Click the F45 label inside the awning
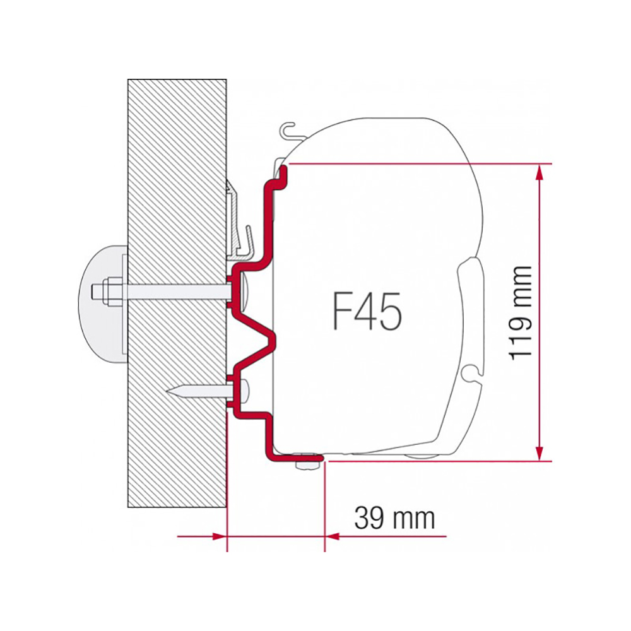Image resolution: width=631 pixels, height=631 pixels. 366,309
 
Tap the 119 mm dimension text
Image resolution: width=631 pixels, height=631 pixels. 522,312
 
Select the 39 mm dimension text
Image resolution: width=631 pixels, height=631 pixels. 394,518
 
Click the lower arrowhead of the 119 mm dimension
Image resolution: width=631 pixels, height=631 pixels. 539,452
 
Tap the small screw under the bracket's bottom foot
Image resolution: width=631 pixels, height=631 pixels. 305,465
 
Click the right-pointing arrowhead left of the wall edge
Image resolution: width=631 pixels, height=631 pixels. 218,536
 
